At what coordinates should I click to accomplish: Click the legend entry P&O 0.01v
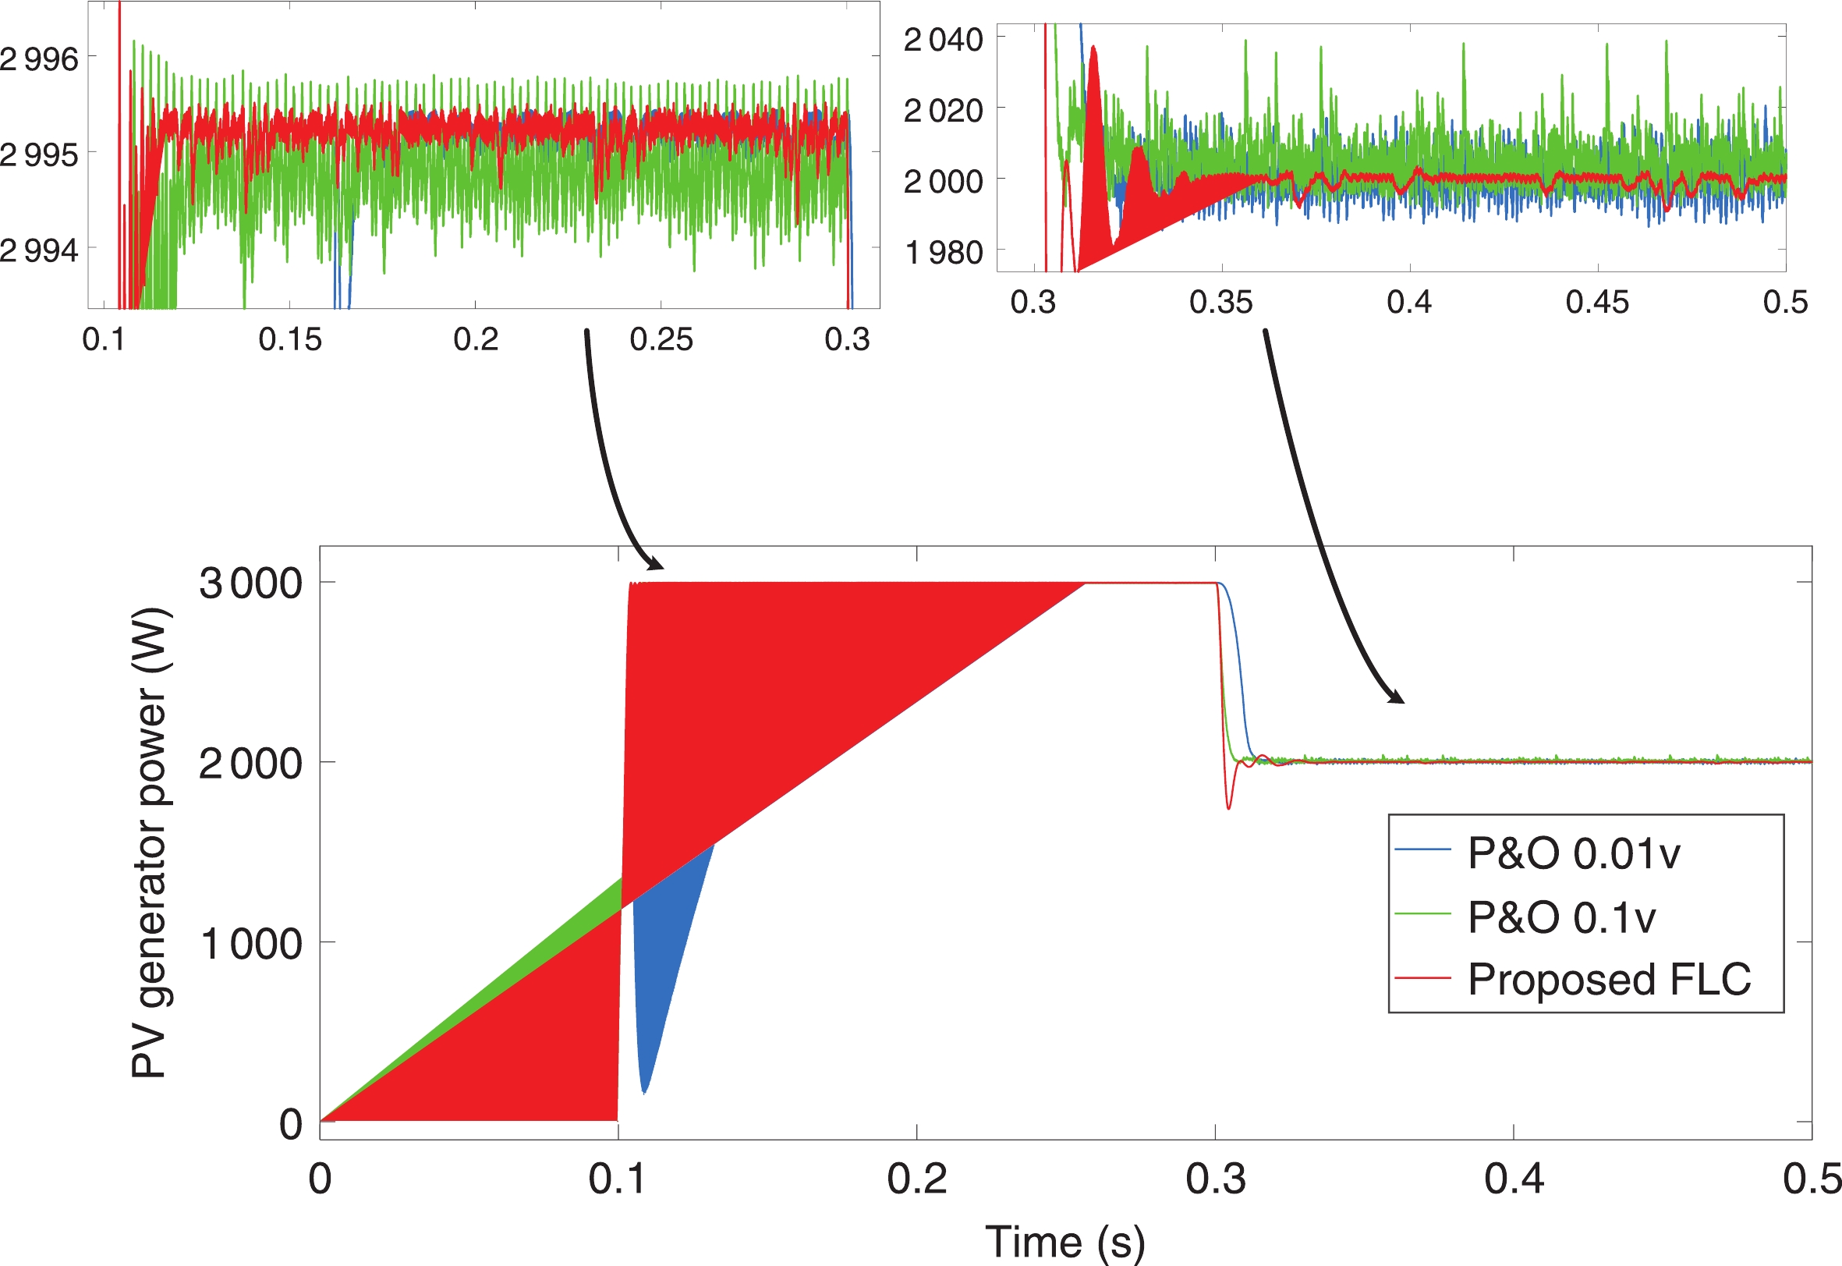(1573, 853)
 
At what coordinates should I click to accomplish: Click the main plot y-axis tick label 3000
(250, 583)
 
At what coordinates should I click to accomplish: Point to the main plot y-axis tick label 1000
(250, 944)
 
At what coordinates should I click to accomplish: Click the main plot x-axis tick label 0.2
(916, 1179)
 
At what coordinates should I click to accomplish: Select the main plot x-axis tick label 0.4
(1514, 1179)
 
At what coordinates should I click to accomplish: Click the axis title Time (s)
(1065, 1241)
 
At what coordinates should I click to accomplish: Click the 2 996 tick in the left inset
(39, 59)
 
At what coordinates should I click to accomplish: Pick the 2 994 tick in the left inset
(39, 250)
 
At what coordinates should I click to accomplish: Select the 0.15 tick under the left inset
(290, 339)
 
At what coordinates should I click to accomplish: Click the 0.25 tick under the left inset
(661, 339)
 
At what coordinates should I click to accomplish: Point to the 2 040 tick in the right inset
(944, 39)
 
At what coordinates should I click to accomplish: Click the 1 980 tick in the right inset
(944, 252)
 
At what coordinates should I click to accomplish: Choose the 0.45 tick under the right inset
(1597, 302)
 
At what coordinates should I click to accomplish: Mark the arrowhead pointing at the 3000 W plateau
(656, 564)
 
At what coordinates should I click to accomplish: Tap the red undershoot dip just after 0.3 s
(1229, 803)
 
